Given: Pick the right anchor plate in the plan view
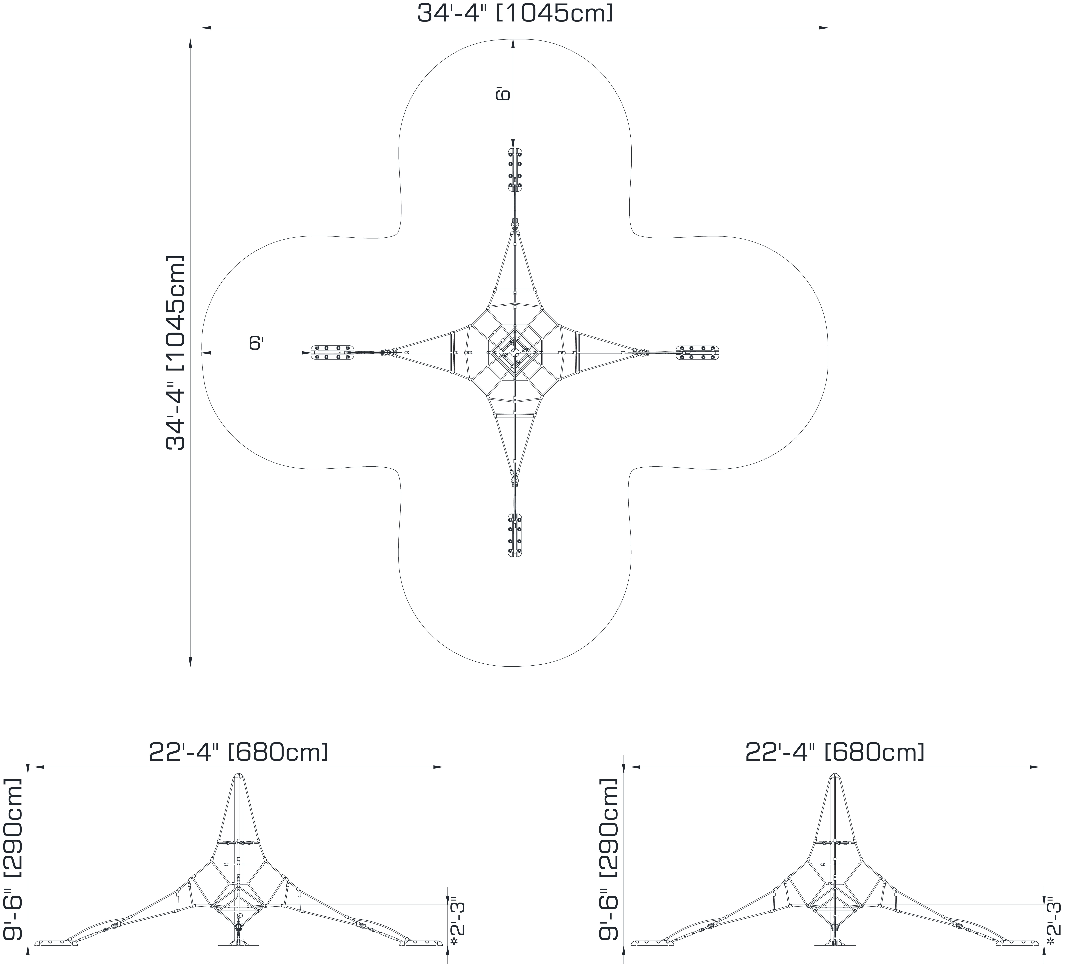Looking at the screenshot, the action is [697, 352].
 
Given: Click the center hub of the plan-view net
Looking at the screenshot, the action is [515, 352].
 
